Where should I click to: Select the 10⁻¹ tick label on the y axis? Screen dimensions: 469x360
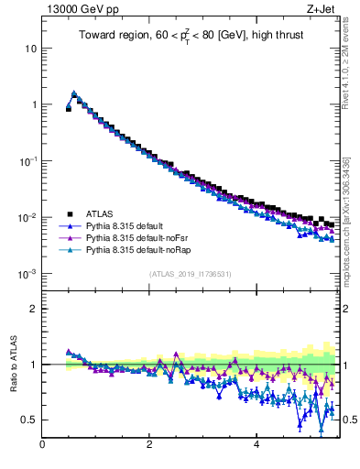pyautogui.click(x=27, y=161)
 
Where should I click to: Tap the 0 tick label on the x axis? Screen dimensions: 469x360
pyautogui.click(x=42, y=446)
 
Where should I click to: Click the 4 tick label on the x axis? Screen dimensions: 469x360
pyautogui.click(x=256, y=446)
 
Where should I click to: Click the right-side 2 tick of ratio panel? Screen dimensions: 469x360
pyautogui.click(x=347, y=309)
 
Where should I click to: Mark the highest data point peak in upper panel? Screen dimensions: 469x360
pyautogui.click(x=74, y=93)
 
